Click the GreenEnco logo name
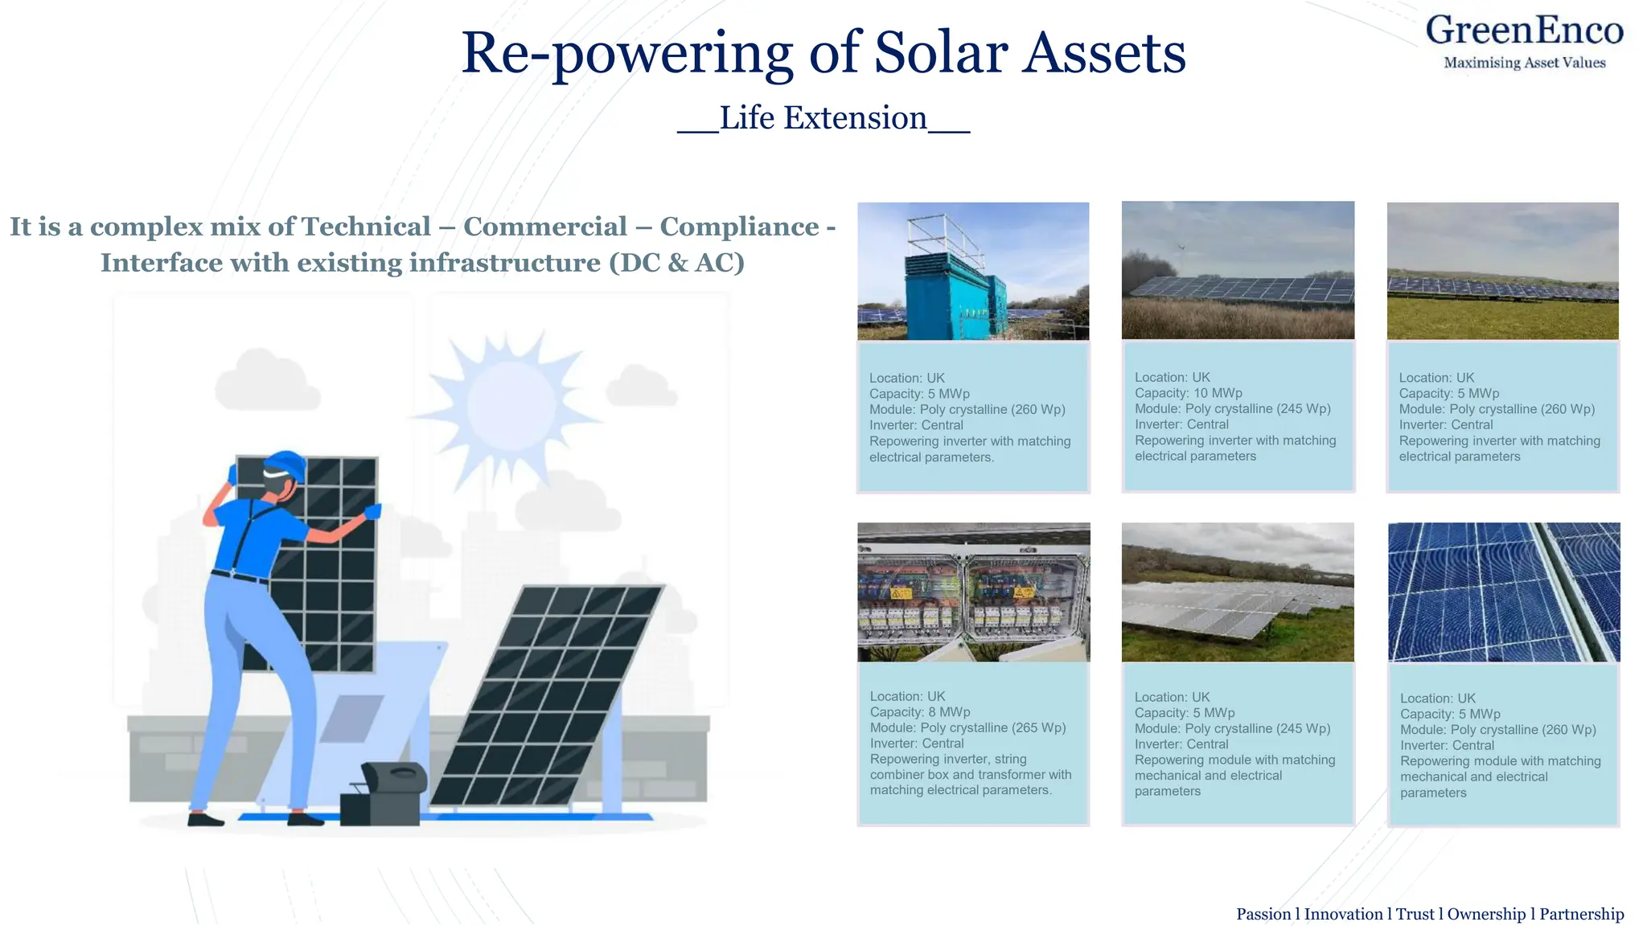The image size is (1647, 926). pos(1524,31)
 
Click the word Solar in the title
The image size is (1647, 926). pos(940,53)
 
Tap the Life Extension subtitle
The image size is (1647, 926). pos(823,118)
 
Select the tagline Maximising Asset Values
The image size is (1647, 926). pos(1524,63)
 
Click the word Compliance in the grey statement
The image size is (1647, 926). pos(739,227)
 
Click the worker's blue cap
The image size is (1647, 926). pos(286,465)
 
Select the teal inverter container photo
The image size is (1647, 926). pos(972,271)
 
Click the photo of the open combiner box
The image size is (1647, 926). pos(973,592)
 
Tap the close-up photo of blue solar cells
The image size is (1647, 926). pos(1503,592)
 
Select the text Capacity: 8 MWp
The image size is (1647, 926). pos(919,712)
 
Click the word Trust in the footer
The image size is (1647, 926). pos(1415,914)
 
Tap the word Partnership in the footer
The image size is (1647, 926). pos(1581,914)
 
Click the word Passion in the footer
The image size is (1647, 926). pos(1263,914)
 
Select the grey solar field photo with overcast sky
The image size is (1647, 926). pos(1238,592)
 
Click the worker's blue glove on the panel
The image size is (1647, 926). pos(372,511)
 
